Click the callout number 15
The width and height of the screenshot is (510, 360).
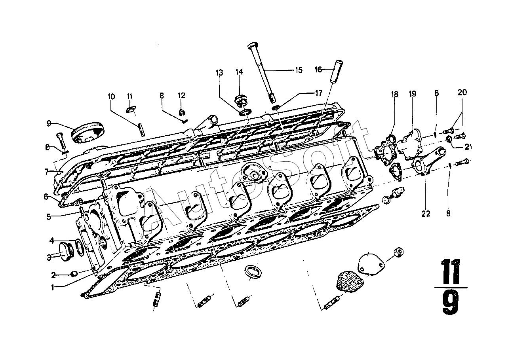(299, 70)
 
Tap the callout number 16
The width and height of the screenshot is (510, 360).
(318, 69)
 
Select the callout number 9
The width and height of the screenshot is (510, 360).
(49, 123)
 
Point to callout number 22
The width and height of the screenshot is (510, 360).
(426, 214)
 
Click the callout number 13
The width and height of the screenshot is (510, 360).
(219, 73)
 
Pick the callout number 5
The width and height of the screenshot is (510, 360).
(48, 217)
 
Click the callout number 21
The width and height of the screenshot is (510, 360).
(468, 147)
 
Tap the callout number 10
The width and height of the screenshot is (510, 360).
(111, 97)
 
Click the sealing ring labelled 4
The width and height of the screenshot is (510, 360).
(80, 247)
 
